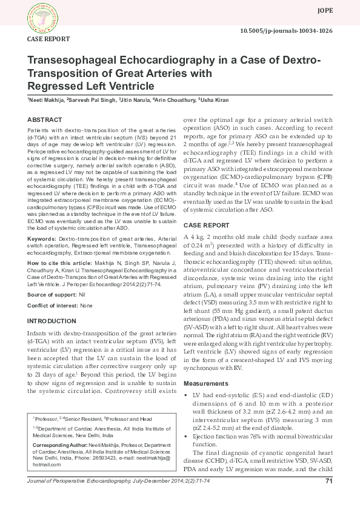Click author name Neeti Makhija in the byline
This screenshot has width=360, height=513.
46,99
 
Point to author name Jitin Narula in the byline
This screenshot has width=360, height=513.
135,99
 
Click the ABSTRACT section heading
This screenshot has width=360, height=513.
45,121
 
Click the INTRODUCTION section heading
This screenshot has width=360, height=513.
52,320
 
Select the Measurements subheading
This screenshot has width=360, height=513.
206,384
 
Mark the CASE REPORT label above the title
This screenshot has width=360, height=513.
48,38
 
